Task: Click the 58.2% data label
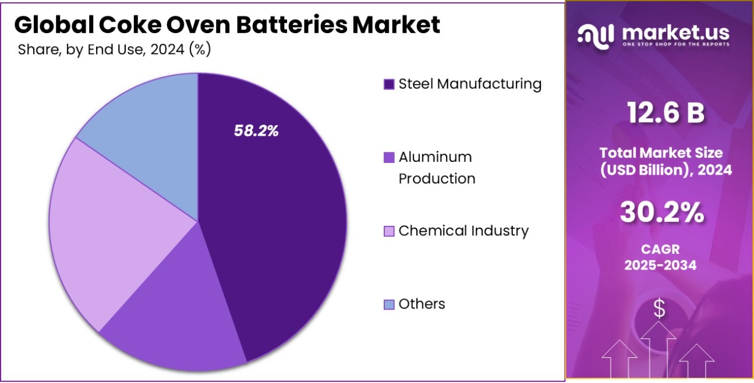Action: (256, 131)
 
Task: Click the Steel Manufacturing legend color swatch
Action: (389, 84)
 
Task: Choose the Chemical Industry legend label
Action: (463, 231)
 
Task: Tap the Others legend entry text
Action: (422, 304)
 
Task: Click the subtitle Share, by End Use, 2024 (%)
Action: (114, 49)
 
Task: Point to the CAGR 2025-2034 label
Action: (660, 257)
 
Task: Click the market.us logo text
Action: (676, 33)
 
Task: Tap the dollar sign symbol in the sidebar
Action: (659, 309)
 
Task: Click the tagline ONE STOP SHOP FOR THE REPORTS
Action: (676, 45)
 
